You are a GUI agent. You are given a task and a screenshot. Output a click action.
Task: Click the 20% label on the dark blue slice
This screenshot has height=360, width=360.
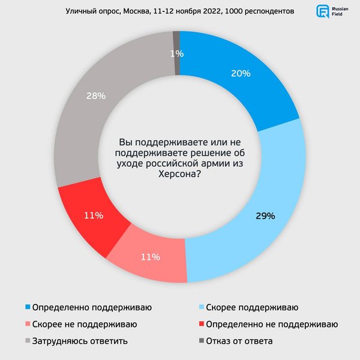point(241,74)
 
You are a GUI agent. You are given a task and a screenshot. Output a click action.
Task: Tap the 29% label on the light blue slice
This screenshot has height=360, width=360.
point(265,215)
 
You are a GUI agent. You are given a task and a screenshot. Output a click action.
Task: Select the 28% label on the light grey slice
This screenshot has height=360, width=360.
point(96,96)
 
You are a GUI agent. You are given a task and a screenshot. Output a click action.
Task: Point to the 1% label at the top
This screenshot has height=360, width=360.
point(176,54)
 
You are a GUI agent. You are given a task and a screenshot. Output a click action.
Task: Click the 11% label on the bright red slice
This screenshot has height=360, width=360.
point(94,215)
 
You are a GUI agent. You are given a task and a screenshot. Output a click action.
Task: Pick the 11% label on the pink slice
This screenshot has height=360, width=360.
point(150,257)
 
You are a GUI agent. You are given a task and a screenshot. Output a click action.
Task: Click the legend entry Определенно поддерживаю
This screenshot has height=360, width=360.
point(92,307)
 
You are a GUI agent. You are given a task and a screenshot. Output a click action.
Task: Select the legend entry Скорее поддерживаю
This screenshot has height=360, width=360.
point(251,307)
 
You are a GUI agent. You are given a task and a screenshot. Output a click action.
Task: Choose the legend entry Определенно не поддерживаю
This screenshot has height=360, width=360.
point(271,324)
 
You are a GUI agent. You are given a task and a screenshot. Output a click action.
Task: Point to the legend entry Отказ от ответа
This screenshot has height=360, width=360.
point(239,341)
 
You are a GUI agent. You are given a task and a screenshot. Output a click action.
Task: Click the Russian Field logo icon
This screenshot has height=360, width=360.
point(323,12)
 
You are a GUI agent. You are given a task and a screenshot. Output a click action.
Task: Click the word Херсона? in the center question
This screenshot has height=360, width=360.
point(179,173)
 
